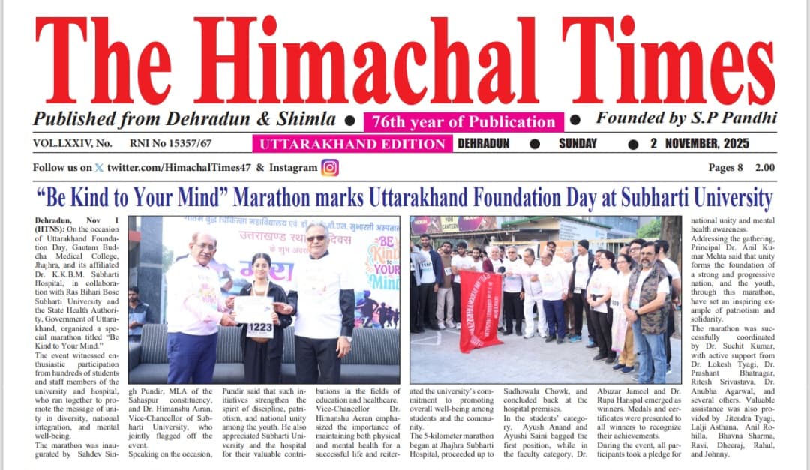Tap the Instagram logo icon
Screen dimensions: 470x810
coord(330,168)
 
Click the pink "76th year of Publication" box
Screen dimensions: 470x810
coord(463,122)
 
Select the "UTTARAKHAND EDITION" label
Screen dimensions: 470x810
coord(352,144)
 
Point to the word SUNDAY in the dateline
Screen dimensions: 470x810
coord(578,144)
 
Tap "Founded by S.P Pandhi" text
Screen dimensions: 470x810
coord(685,118)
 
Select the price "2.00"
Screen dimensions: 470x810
coord(765,168)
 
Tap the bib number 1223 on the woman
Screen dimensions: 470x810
coord(259,328)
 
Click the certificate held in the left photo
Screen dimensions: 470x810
coord(255,308)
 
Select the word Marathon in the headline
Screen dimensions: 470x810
coord(274,199)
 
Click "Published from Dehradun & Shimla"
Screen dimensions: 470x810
coord(184,119)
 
